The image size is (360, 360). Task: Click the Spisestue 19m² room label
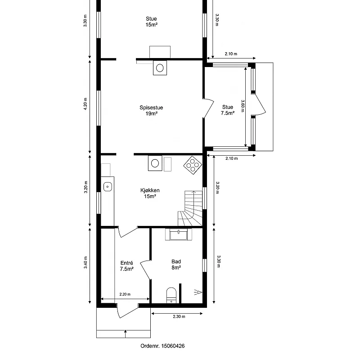(151, 110)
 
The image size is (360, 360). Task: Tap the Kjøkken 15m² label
(150, 193)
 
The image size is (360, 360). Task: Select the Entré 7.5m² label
(127, 266)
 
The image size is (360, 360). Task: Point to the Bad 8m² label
(176, 265)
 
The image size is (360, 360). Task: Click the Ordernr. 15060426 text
(162, 346)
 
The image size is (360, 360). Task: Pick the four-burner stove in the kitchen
(193, 165)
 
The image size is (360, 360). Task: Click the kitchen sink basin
(108, 186)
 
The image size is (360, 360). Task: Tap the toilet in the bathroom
(171, 295)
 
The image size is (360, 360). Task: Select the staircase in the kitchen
(190, 208)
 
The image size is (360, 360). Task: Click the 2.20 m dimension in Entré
(125, 294)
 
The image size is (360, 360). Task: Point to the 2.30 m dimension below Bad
(179, 316)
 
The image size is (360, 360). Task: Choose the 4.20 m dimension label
(85, 104)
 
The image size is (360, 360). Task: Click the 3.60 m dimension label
(243, 106)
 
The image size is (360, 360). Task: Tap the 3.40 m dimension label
(85, 262)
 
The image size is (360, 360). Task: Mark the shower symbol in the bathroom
(198, 292)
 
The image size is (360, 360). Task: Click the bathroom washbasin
(178, 234)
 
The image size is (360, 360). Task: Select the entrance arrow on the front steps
(126, 334)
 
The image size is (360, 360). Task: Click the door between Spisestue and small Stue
(208, 108)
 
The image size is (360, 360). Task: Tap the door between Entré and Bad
(145, 270)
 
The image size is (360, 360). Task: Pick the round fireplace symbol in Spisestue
(160, 68)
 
